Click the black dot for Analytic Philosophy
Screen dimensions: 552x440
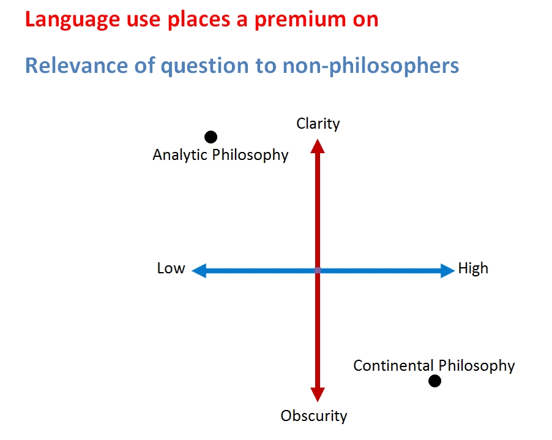pyautogui.click(x=211, y=137)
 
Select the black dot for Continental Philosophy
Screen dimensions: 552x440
pyautogui.click(x=435, y=381)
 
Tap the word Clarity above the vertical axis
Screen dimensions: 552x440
pyautogui.click(x=318, y=124)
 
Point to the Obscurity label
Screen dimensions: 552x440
pyautogui.click(x=314, y=416)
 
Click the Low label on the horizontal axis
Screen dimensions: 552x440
pyautogui.click(x=171, y=268)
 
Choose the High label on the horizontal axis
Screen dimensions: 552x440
pyautogui.click(x=473, y=268)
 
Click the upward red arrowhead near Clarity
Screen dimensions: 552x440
pyautogui.click(x=318, y=146)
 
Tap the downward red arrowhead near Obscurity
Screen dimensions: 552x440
pyautogui.click(x=318, y=395)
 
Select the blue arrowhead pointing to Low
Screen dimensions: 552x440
pyautogui.click(x=199, y=271)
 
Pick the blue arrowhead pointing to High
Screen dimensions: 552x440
pyautogui.click(x=447, y=271)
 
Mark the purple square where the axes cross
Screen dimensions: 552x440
pyautogui.click(x=318, y=270)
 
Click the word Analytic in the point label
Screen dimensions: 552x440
pyautogui.click(x=181, y=155)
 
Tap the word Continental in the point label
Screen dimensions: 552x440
pyautogui.click(x=393, y=366)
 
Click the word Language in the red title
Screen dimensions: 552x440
pyautogui.click(x=72, y=20)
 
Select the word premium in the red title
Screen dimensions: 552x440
pyautogui.click(x=300, y=20)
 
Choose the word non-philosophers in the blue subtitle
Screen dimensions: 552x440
pyautogui.click(x=371, y=66)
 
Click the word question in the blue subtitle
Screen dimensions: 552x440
pyautogui.click(x=204, y=66)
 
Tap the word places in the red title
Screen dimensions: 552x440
pyautogui.click(x=198, y=20)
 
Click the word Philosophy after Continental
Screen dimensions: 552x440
pyautogui.click(x=477, y=366)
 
